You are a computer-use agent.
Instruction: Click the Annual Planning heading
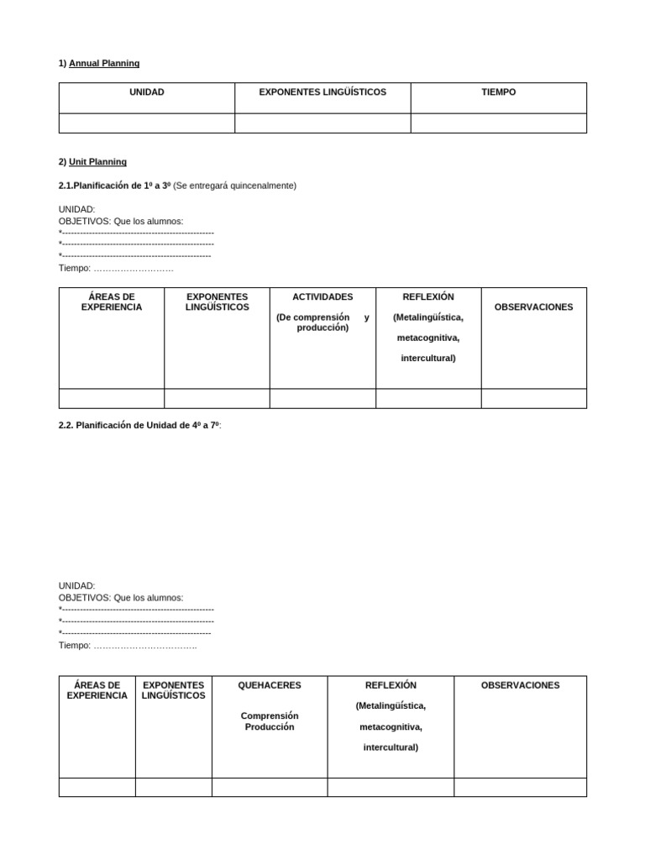coord(104,63)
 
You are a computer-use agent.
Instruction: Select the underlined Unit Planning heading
coord(97,161)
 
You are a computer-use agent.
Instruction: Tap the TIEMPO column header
coord(498,92)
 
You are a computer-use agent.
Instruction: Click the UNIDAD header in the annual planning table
coord(146,92)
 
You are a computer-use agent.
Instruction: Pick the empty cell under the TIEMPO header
coord(498,123)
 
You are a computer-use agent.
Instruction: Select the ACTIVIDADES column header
coord(322,296)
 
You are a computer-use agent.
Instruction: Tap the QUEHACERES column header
coord(270,685)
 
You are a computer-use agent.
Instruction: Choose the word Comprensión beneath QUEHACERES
coord(270,716)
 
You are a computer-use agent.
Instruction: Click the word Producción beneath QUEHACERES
coord(270,727)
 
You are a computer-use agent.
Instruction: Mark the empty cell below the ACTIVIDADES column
coord(322,398)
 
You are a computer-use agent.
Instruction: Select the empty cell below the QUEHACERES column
coord(270,787)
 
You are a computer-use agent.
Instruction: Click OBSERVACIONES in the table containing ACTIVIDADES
coord(533,307)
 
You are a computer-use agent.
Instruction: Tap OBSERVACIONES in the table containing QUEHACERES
coord(520,685)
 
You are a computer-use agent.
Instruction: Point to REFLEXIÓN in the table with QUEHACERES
coord(391,685)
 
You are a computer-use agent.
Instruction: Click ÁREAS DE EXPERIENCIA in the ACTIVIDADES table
coord(112,302)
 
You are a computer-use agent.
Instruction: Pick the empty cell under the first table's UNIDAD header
coord(146,123)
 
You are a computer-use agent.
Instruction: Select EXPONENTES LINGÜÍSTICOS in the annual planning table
coord(322,92)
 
